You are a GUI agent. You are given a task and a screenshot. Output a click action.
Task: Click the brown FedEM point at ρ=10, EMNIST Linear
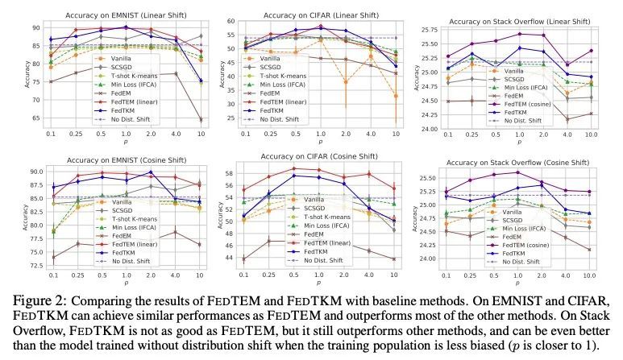pos(200,120)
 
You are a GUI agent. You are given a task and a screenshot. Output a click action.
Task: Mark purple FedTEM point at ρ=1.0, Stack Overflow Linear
pos(520,34)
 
